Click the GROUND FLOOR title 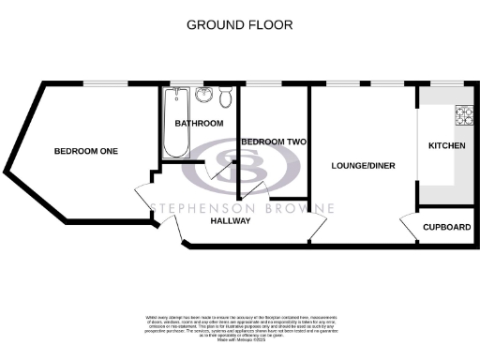pos(239,24)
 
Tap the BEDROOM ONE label pos(80,151)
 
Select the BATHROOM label pos(200,124)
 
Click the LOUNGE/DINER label pos(363,165)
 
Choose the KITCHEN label pos(447,146)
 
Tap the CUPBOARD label pos(446,227)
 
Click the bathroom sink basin pos(203,97)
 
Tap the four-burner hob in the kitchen pos(464,116)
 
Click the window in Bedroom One pos(102,83)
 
